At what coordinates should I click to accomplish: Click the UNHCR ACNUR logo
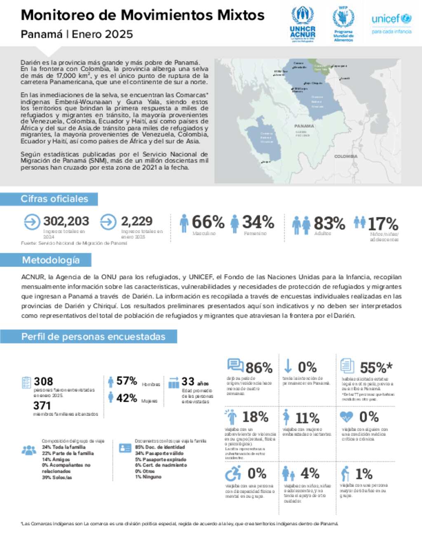tap(302, 24)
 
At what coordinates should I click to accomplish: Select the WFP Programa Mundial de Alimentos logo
tap(343, 24)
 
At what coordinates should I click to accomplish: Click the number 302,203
tap(66, 221)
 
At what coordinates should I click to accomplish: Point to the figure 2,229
tap(136, 221)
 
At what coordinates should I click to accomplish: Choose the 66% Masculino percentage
tap(208, 222)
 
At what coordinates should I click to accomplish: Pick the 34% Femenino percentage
tap(258, 222)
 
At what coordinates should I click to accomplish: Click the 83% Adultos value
tap(329, 223)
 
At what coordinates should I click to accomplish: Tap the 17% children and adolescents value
tap(383, 224)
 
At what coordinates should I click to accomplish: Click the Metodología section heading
tap(51, 260)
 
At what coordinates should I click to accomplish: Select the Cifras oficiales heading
tap(54, 199)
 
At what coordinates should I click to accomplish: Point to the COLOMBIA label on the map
tap(346, 157)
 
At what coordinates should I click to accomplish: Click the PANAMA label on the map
tap(304, 126)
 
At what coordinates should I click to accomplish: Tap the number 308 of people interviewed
tap(43, 382)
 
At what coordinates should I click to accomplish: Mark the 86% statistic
tap(259, 368)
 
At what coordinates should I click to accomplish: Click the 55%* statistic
tap(376, 368)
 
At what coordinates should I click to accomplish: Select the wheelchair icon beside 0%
tap(233, 473)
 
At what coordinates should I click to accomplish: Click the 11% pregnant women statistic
tap(307, 418)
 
